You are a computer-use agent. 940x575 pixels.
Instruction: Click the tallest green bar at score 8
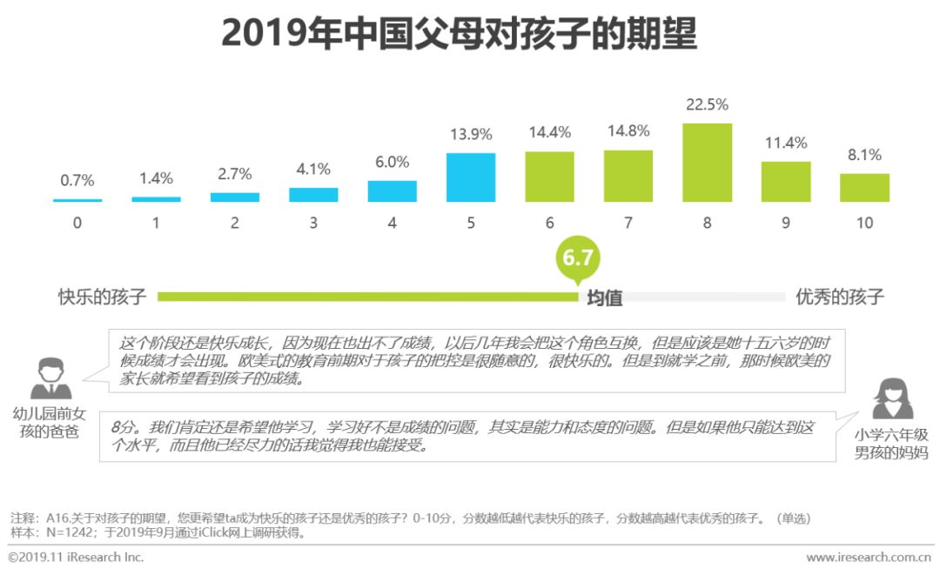(707, 163)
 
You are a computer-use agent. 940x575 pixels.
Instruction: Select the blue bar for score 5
(471, 177)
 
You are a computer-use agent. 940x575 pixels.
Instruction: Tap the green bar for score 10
(864, 188)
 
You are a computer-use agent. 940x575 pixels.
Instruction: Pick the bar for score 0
(77, 200)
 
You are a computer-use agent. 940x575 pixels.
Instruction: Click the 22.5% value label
(707, 105)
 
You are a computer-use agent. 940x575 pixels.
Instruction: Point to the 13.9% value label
(471, 135)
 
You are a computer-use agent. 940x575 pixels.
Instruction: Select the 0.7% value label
(77, 181)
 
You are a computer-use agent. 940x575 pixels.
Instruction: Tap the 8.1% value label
(864, 156)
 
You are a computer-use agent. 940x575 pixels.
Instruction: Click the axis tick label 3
(313, 224)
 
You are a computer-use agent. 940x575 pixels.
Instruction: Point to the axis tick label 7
(628, 224)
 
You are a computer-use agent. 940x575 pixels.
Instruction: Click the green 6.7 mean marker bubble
(578, 258)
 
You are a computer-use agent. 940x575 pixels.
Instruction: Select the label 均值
(604, 298)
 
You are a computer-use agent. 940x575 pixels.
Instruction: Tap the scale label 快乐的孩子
(103, 297)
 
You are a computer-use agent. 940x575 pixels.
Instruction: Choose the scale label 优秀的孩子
(839, 297)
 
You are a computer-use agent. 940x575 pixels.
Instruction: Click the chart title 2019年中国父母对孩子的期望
(459, 34)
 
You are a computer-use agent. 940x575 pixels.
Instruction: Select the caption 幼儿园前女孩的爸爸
(50, 422)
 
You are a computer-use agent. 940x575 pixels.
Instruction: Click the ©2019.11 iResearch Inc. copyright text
(77, 558)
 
